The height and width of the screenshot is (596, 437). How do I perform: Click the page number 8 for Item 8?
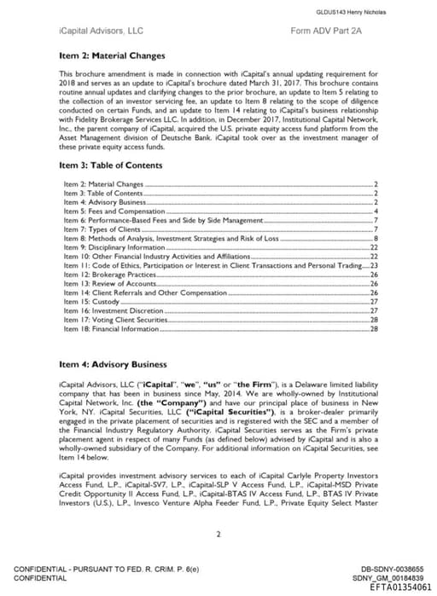coord(376,238)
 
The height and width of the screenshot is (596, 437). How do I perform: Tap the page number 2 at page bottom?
coord(218,535)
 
